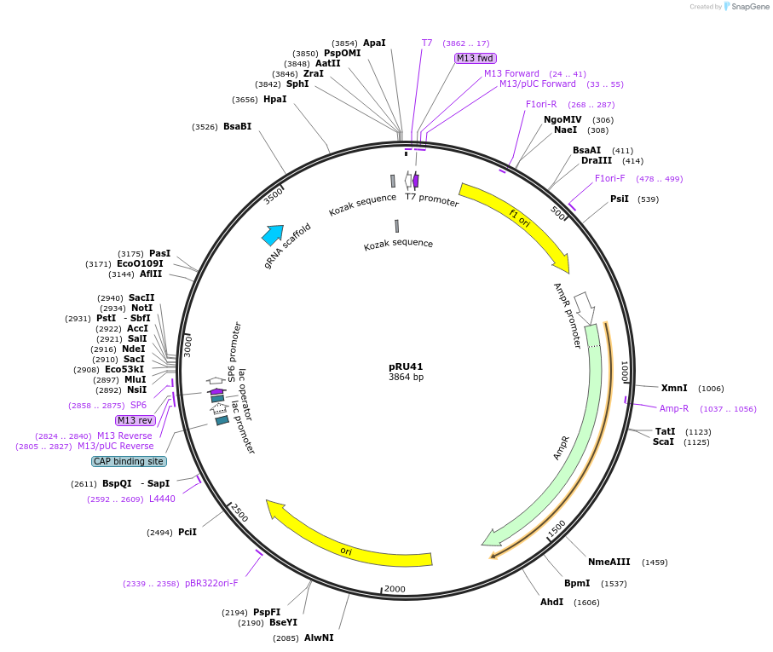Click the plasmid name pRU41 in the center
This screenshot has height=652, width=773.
point(406,366)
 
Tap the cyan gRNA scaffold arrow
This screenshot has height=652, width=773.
point(273,235)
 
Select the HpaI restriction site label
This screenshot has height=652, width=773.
point(274,100)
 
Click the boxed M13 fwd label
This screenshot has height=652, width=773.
point(475,58)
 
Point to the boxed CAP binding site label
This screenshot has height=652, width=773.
point(128,461)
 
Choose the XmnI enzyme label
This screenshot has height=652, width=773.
point(674,388)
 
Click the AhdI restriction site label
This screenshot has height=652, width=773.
point(551,602)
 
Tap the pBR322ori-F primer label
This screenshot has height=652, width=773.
point(211,584)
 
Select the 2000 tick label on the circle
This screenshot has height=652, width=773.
point(395,589)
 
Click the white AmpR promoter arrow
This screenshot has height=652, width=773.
point(585,307)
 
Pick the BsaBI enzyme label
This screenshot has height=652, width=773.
point(237,127)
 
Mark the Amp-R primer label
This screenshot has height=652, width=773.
point(674,408)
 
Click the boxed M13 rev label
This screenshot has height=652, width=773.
point(135,420)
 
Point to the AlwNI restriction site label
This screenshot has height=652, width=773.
point(319,638)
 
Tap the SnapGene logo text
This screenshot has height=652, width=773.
point(750,7)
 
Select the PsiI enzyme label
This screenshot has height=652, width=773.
point(620,199)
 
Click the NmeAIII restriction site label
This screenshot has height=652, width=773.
point(609,562)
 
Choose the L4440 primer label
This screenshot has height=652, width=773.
point(162,499)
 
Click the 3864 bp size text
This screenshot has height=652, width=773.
point(406,377)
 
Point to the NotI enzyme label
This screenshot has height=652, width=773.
point(142,308)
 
